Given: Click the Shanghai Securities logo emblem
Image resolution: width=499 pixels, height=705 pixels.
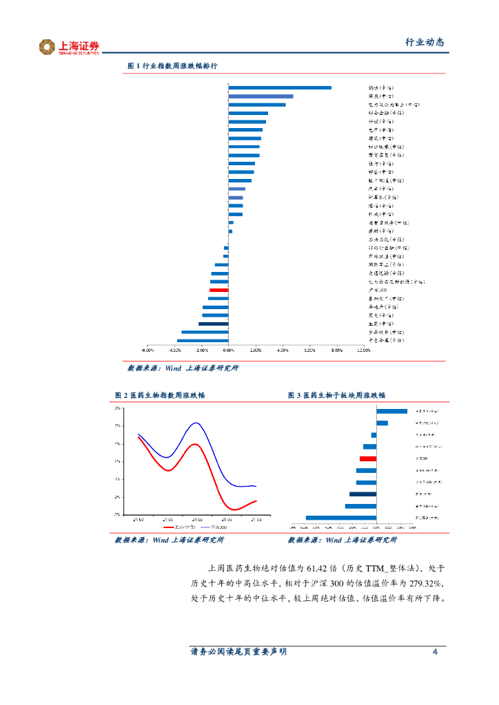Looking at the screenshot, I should click(x=47, y=47).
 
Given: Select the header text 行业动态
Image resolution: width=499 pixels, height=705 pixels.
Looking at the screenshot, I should click(x=424, y=42).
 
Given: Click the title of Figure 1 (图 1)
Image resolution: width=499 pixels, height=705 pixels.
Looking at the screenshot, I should click(x=173, y=66).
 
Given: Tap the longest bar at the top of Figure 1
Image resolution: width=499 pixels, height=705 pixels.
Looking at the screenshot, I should click(x=280, y=87).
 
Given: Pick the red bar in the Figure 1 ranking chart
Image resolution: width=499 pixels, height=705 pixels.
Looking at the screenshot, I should click(x=219, y=291).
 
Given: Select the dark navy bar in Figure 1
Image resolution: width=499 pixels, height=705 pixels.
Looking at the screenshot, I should click(x=214, y=324).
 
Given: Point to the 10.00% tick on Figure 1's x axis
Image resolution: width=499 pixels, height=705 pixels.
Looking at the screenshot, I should click(x=363, y=350).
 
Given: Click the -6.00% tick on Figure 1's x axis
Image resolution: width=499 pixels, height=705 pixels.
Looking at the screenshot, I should click(x=147, y=350).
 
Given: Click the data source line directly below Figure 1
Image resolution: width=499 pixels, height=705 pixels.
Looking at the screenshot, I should click(x=183, y=368).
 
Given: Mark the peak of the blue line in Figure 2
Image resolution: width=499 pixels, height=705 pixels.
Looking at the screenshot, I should click(x=196, y=423).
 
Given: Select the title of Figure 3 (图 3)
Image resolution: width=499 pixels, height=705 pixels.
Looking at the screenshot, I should click(x=337, y=395).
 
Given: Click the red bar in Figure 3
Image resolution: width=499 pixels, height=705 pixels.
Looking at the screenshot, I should click(x=368, y=459).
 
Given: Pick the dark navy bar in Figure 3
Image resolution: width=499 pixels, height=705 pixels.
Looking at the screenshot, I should click(x=363, y=494).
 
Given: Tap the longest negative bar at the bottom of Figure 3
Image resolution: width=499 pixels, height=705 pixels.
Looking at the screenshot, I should click(x=341, y=517).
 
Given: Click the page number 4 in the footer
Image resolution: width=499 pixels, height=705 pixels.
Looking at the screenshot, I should click(x=435, y=652).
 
